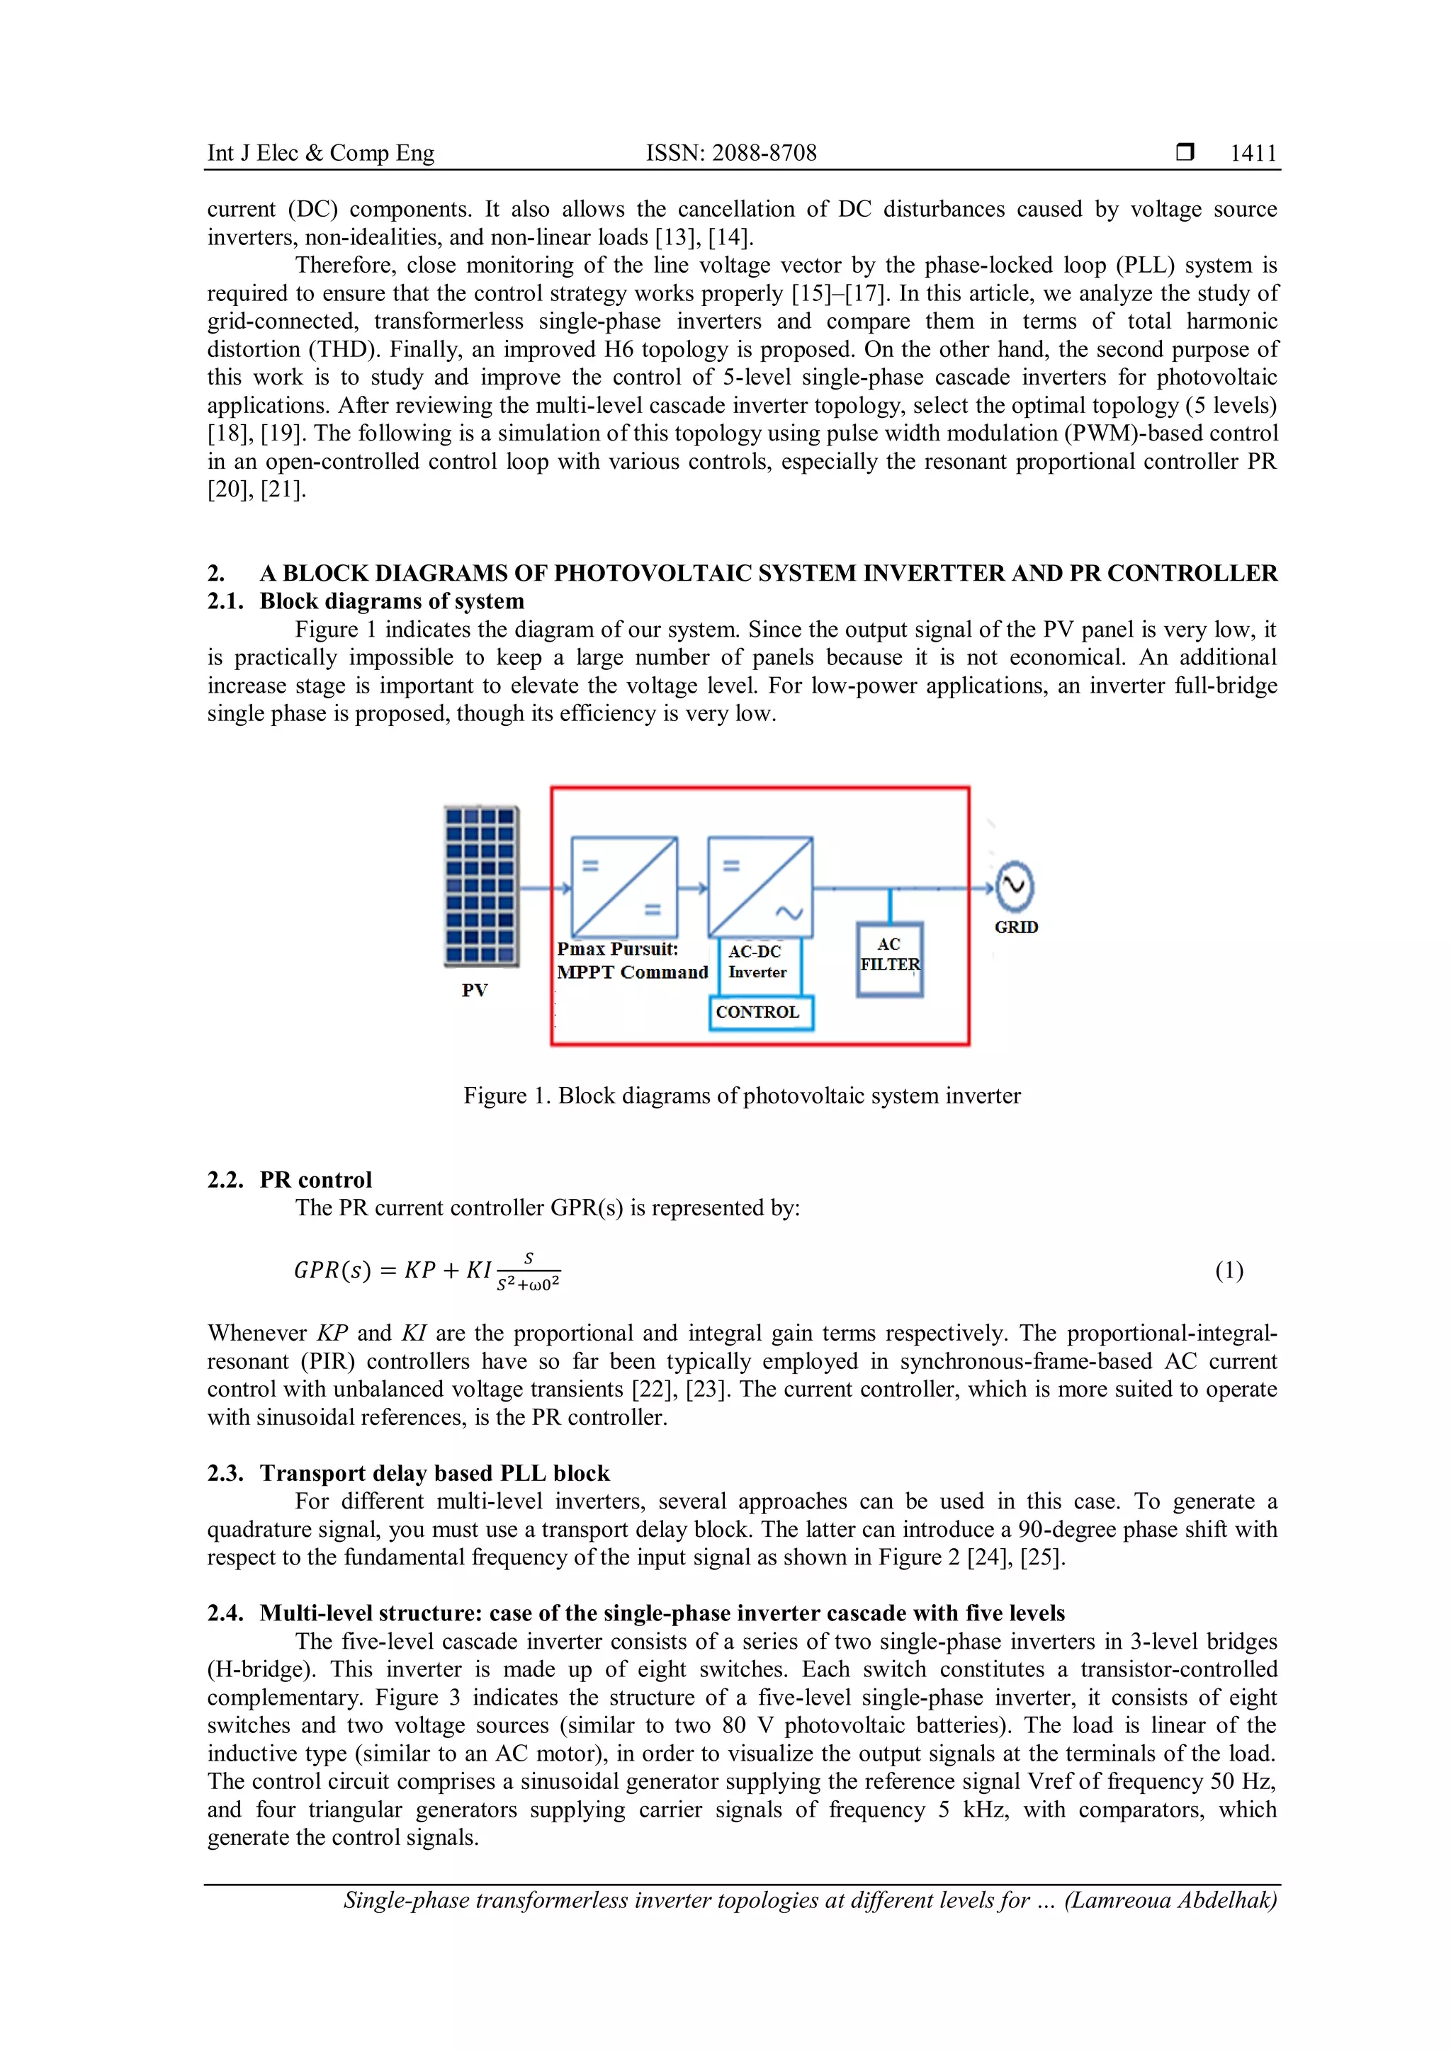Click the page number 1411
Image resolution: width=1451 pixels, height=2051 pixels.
click(x=1253, y=154)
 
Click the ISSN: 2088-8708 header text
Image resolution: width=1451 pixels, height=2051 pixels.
click(x=731, y=154)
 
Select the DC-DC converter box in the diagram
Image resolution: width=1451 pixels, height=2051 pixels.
click(x=623, y=886)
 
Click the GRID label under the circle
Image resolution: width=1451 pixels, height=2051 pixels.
click(x=1016, y=927)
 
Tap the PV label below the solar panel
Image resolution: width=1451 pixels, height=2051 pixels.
click(x=475, y=990)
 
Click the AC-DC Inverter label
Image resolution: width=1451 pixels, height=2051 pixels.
click(x=757, y=962)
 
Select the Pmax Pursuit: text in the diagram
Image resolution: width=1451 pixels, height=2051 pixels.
click(x=617, y=949)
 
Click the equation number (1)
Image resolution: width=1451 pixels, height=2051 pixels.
click(x=1229, y=1271)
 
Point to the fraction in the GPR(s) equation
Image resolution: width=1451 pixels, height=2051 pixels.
click(x=528, y=1272)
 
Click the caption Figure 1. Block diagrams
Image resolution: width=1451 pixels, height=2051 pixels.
click(x=742, y=1096)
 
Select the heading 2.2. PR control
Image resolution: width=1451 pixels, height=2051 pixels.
click(x=290, y=1179)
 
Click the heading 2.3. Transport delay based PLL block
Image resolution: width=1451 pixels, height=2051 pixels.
click(x=408, y=1473)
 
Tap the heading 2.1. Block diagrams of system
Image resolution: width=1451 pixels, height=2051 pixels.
click(x=366, y=601)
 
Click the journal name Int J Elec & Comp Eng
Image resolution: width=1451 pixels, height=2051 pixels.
click(x=321, y=154)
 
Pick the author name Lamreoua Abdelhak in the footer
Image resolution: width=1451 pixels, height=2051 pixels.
click(x=1170, y=1900)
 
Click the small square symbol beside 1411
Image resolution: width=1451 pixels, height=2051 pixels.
click(x=1185, y=153)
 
